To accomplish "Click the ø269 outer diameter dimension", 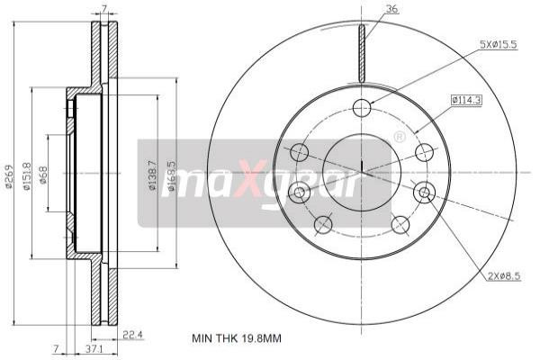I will coord(8,177).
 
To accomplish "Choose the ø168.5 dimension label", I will coord(171,176).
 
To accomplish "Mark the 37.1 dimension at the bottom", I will coord(94,347).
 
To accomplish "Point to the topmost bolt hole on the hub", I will coord(362,108).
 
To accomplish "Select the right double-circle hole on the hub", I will coord(424,192).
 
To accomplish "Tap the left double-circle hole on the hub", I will coord(299,192).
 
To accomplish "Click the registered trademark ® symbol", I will coord(400,137).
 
